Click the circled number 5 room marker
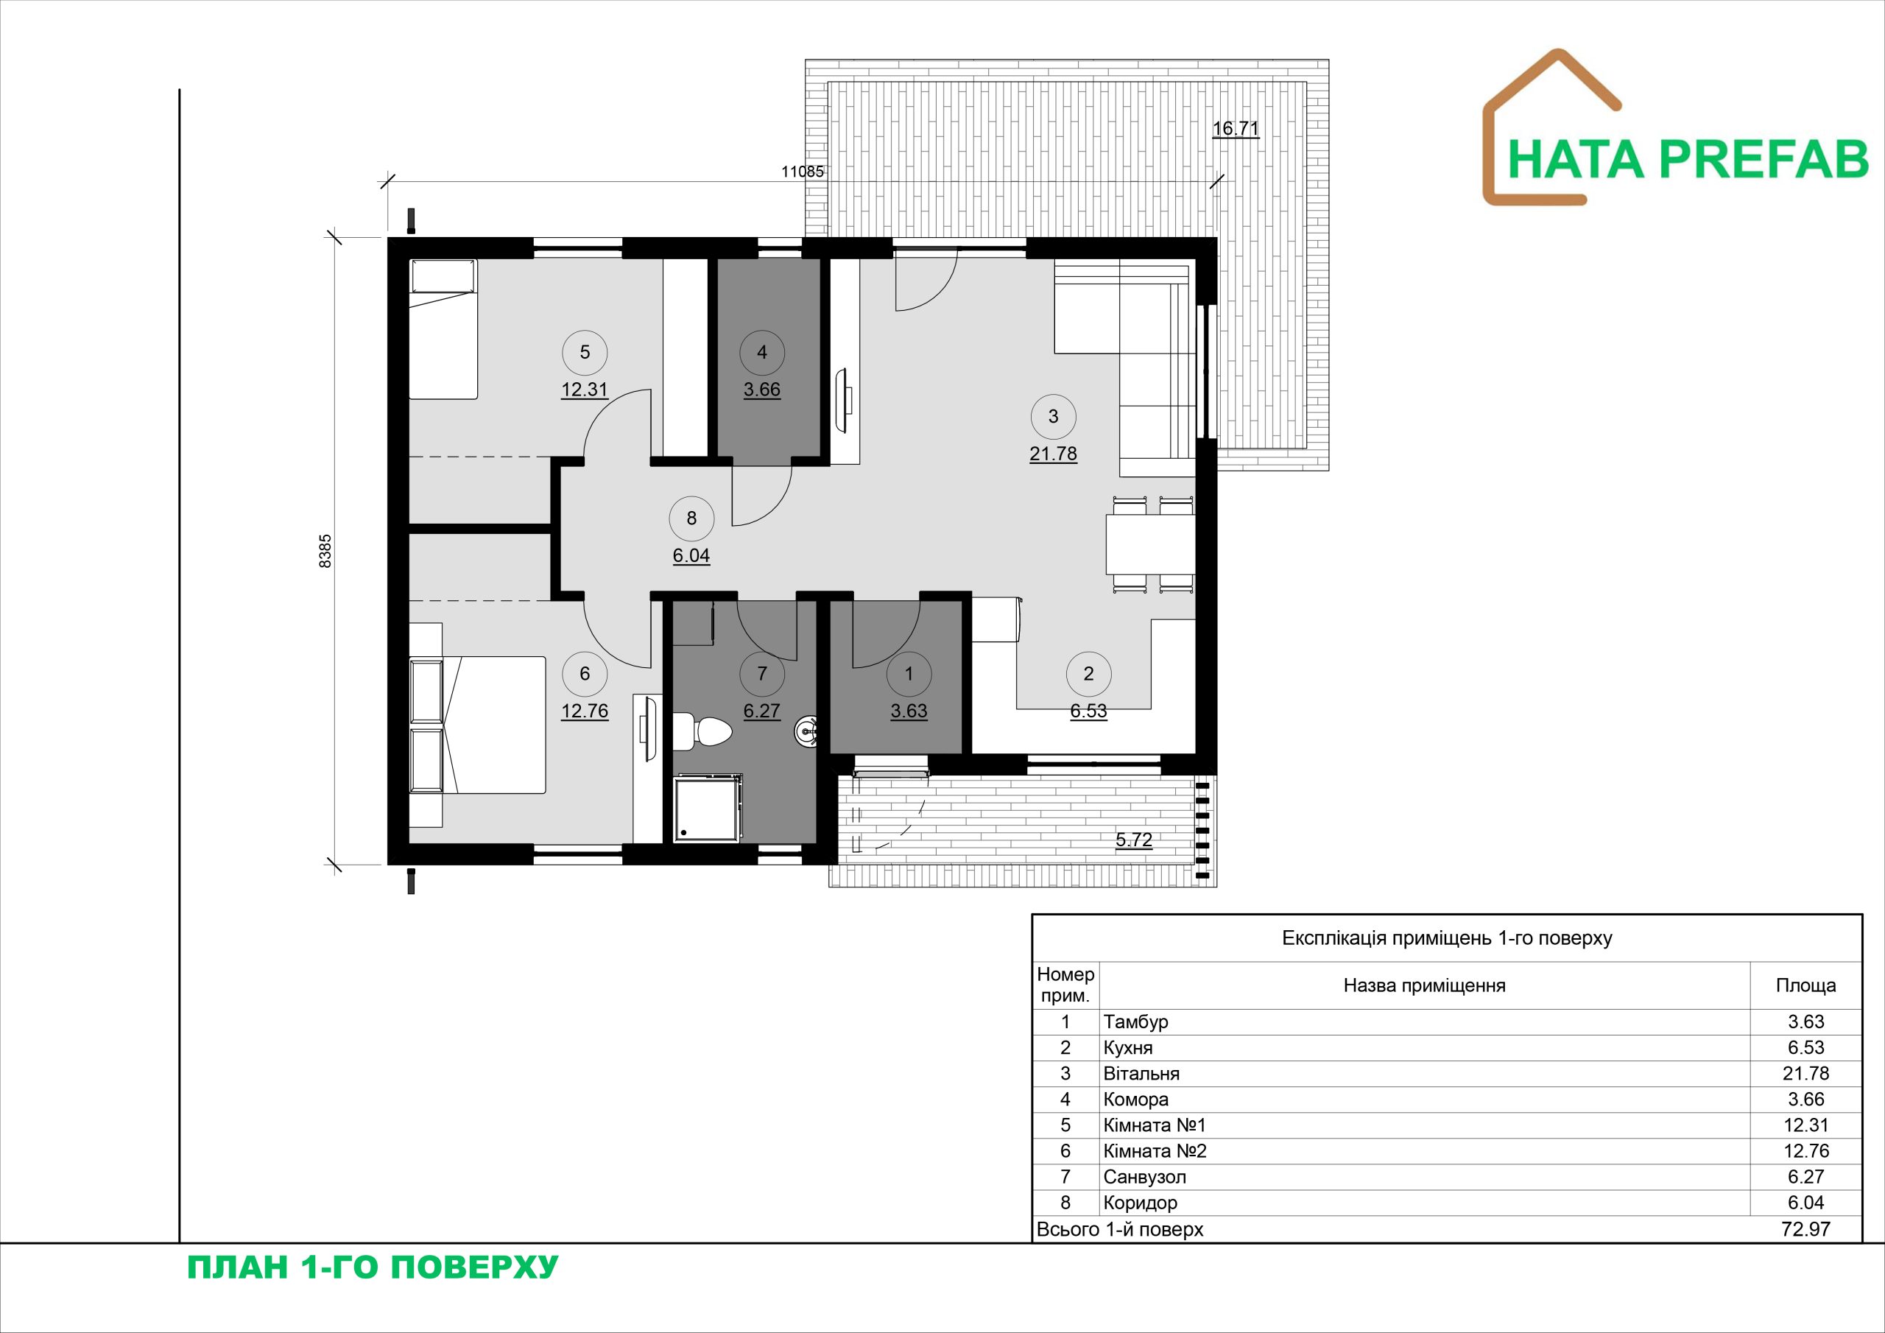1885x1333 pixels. click(585, 352)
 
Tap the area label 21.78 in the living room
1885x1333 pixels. click(1054, 454)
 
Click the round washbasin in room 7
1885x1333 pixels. click(807, 730)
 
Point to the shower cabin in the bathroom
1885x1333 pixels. click(708, 808)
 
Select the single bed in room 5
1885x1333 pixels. click(443, 329)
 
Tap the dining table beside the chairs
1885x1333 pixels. click(1149, 544)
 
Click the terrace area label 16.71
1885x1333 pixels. click(1236, 129)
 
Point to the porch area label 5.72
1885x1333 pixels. click(1134, 840)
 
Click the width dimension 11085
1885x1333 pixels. click(802, 172)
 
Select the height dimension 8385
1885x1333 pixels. click(325, 551)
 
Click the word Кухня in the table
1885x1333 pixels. click(1128, 1048)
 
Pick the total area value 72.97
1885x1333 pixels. click(1806, 1229)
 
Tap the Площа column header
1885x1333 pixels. click(1806, 985)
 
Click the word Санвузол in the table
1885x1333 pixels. click(1144, 1177)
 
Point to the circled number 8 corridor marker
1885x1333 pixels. click(691, 518)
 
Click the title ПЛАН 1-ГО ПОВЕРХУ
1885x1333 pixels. click(373, 1267)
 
